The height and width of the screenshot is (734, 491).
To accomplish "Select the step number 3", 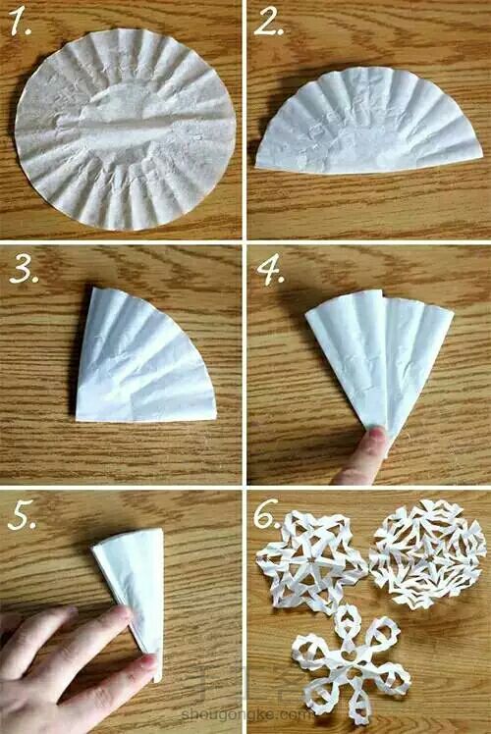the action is pos(24,269).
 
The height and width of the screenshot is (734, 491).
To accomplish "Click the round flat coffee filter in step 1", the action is pos(125,130).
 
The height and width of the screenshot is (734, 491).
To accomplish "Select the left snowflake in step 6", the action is pos(311,560).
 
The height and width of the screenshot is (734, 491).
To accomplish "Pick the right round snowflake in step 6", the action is pos(427,554).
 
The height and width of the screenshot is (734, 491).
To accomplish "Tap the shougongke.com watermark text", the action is pos(245,714).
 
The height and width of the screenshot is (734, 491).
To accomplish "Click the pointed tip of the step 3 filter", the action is pos(78,418).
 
